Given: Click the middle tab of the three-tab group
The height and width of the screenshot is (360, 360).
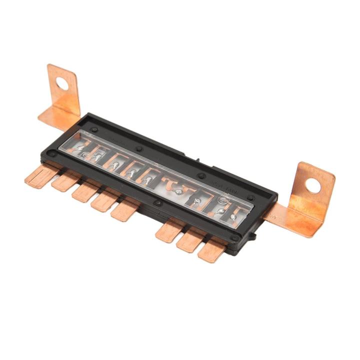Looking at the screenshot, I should pyautogui.click(x=190, y=240).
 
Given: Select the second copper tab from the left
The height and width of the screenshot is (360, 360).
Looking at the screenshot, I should pyautogui.click(x=63, y=183).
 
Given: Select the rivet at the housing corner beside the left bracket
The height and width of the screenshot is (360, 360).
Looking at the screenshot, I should pyautogui.click(x=93, y=129).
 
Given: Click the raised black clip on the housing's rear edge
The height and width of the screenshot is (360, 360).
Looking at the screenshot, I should pyautogui.click(x=200, y=159).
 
